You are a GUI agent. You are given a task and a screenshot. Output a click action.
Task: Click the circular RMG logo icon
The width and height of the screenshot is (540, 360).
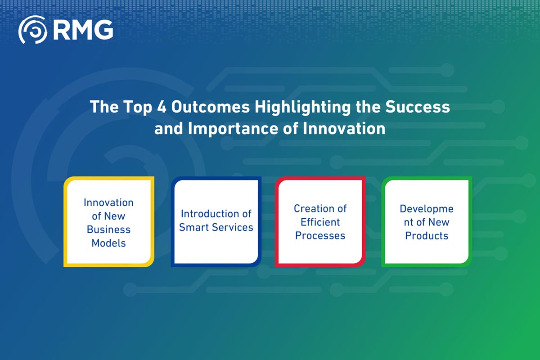coord(32,30)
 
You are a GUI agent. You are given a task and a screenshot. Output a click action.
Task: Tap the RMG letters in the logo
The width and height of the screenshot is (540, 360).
coord(83,30)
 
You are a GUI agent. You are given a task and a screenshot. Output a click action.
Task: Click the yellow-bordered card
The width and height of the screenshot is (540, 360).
coord(109,221)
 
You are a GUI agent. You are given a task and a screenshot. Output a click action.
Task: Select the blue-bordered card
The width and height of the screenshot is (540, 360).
coord(216,221)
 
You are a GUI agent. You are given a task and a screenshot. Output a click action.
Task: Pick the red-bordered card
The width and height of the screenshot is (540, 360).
coord(320,221)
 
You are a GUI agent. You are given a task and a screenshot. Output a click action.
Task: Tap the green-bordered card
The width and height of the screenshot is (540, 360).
coord(427,221)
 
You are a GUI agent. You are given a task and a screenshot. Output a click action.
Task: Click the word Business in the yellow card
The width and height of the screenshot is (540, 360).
coord(109,229)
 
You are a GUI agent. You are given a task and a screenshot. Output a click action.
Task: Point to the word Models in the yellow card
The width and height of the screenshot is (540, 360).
coord(109,243)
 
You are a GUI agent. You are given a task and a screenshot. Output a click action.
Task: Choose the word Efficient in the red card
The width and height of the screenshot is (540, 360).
coord(320,222)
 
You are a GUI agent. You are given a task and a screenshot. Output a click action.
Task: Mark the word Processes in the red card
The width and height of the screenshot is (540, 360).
coord(320,235)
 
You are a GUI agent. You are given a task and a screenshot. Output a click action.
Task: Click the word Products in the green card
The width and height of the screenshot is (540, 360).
coord(427,235)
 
